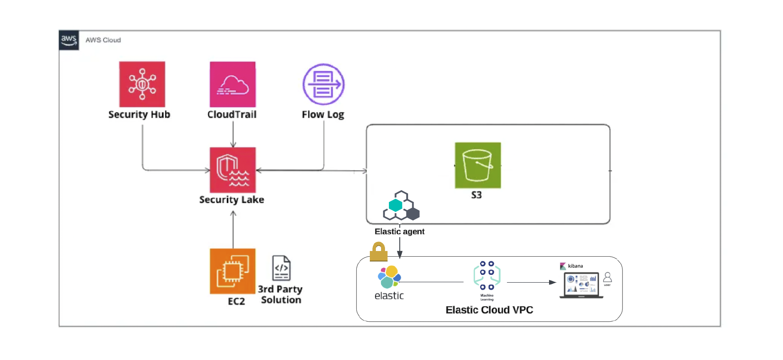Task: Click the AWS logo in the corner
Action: (x=69, y=40)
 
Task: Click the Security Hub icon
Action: (x=142, y=84)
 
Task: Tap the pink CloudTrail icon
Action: (x=233, y=84)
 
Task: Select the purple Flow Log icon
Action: (x=323, y=84)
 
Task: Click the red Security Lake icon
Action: (x=233, y=170)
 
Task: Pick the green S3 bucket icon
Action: (x=478, y=165)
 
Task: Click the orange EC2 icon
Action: (x=233, y=271)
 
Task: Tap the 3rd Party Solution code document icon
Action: (x=281, y=268)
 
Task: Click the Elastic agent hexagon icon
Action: (x=401, y=206)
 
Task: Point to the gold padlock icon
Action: (x=378, y=252)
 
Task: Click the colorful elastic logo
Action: (x=389, y=277)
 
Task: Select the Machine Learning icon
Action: (x=487, y=276)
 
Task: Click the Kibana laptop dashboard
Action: (x=581, y=285)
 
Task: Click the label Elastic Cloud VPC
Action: (x=489, y=310)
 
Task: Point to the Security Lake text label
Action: (x=231, y=200)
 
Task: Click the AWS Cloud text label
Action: (x=103, y=40)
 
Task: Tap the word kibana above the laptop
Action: (x=575, y=266)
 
